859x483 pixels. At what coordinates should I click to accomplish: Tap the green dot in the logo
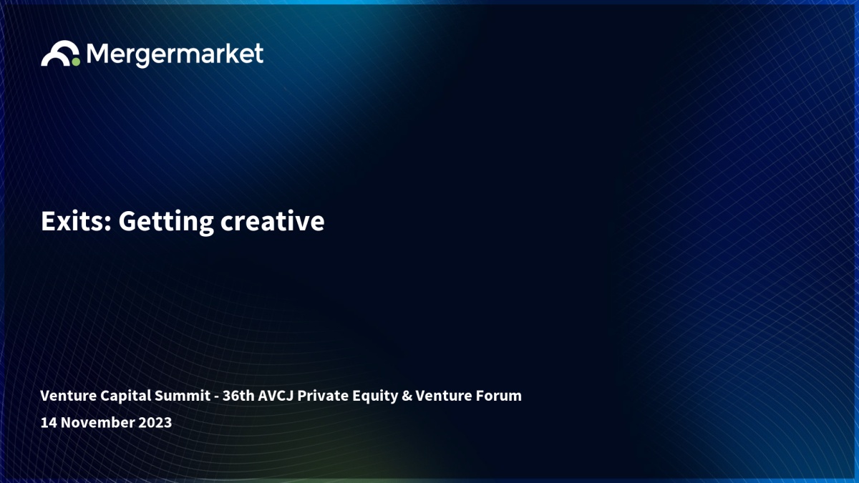(76, 62)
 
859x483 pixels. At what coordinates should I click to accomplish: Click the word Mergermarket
(175, 55)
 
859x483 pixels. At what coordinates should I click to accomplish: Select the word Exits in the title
(77, 221)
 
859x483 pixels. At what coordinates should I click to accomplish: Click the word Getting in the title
(166, 223)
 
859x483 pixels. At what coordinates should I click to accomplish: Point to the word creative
(272, 222)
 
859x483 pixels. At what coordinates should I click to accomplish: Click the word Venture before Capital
(68, 396)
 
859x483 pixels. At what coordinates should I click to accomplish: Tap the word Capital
(125, 396)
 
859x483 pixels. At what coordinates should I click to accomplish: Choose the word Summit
(182, 396)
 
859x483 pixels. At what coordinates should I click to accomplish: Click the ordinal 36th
(238, 396)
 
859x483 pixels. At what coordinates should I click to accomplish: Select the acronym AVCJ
(276, 396)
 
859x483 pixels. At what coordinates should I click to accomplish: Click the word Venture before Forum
(444, 396)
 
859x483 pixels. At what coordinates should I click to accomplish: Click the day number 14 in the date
(49, 422)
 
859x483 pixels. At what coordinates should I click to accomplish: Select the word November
(97, 422)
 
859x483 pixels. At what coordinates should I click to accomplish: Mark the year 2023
(155, 422)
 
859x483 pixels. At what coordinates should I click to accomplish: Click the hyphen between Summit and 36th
(217, 397)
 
